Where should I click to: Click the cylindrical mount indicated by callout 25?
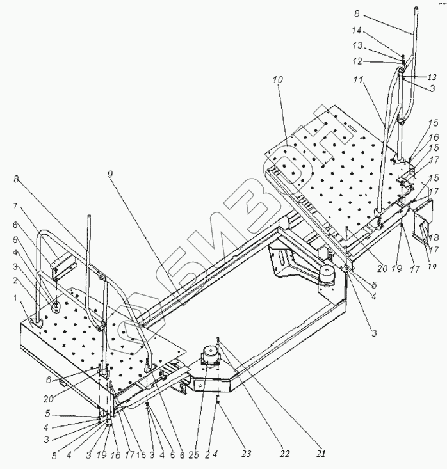pos(210,356)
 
